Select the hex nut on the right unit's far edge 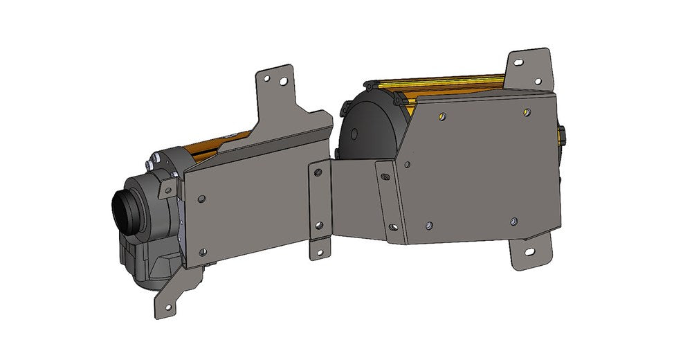[562, 136]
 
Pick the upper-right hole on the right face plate [528, 111]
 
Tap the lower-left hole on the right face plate [430, 226]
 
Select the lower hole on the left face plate [202, 252]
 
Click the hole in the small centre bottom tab [320, 251]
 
